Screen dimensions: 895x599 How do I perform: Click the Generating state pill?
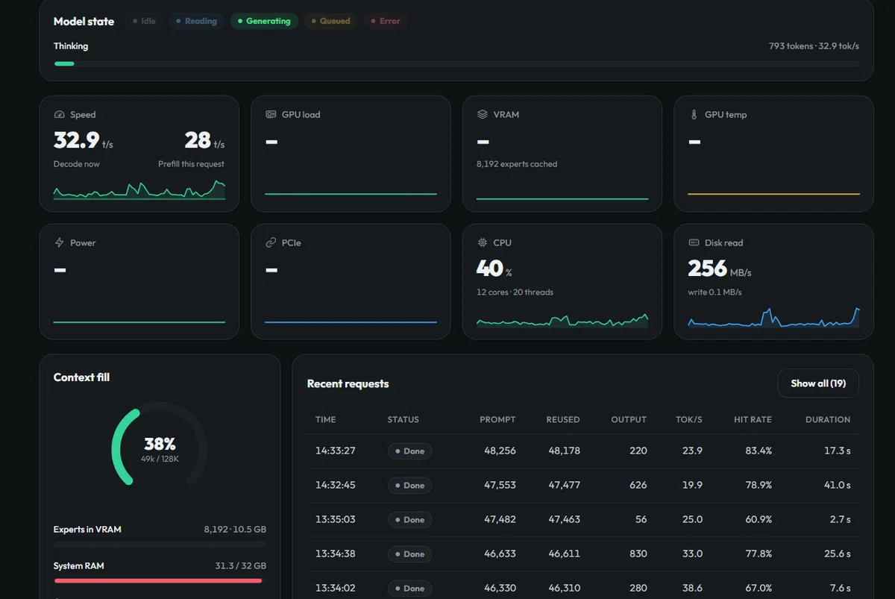(x=264, y=21)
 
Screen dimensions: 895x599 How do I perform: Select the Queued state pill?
(x=330, y=21)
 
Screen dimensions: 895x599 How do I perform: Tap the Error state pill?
(x=385, y=21)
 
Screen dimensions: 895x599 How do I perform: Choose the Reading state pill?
(x=196, y=21)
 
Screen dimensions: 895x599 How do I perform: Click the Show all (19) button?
(x=818, y=383)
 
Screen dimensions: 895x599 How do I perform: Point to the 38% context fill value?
(x=160, y=444)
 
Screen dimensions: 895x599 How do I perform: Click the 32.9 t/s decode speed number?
(x=76, y=140)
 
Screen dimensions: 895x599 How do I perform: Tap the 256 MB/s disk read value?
(x=707, y=268)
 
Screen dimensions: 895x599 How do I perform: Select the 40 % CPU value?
(x=489, y=268)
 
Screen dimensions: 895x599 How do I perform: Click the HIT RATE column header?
(x=753, y=419)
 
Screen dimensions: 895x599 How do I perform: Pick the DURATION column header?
(x=828, y=419)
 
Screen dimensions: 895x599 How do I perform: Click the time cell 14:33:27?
(x=335, y=451)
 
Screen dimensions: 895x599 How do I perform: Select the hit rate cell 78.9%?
(x=759, y=485)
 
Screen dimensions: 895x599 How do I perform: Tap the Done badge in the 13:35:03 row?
(x=409, y=520)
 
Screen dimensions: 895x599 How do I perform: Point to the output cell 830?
(x=638, y=553)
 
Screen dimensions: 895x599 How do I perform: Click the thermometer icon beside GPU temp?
(x=694, y=115)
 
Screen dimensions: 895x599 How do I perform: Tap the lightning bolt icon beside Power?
(x=59, y=242)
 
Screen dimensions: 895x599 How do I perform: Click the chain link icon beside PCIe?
(x=271, y=242)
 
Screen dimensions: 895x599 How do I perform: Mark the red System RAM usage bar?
(x=158, y=580)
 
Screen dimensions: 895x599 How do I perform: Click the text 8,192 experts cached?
(x=517, y=164)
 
